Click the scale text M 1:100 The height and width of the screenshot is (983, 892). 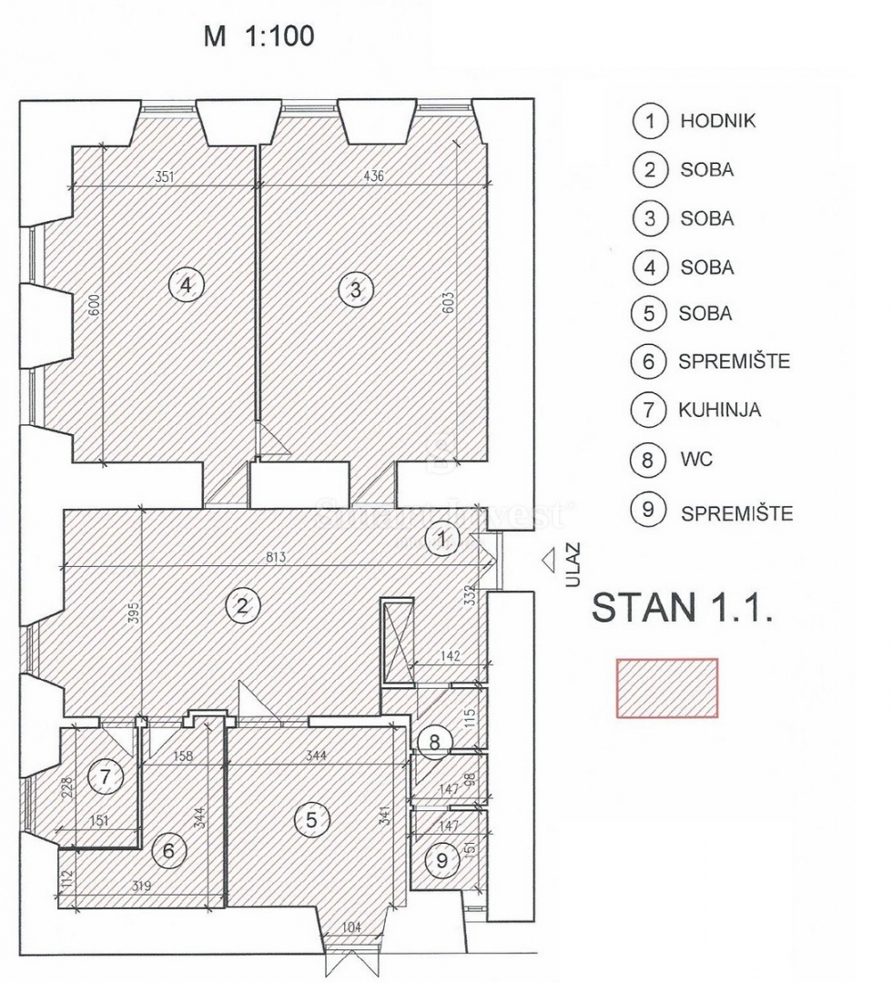click(258, 35)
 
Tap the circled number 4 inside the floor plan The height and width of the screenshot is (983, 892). click(187, 286)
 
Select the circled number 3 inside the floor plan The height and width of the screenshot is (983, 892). click(355, 289)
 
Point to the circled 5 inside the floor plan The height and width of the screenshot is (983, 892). click(311, 819)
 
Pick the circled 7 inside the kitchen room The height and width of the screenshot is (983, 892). click(105, 777)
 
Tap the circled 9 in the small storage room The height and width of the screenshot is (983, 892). click(441, 860)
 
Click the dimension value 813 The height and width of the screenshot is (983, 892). click(276, 557)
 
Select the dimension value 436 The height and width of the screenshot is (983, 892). click(373, 177)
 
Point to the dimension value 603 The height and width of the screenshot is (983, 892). click(448, 303)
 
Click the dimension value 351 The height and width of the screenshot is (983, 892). click(164, 177)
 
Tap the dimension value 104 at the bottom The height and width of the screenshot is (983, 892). click(352, 927)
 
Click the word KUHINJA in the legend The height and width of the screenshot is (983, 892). click(720, 410)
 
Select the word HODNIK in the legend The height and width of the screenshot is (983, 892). click(718, 121)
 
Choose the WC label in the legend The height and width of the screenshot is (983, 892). click(696, 460)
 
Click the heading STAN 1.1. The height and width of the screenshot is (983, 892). click(682, 607)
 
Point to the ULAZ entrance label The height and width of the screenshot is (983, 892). click(573, 565)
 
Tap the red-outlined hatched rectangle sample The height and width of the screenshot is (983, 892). click(667, 688)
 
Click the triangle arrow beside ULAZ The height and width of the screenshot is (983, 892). click(549, 561)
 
